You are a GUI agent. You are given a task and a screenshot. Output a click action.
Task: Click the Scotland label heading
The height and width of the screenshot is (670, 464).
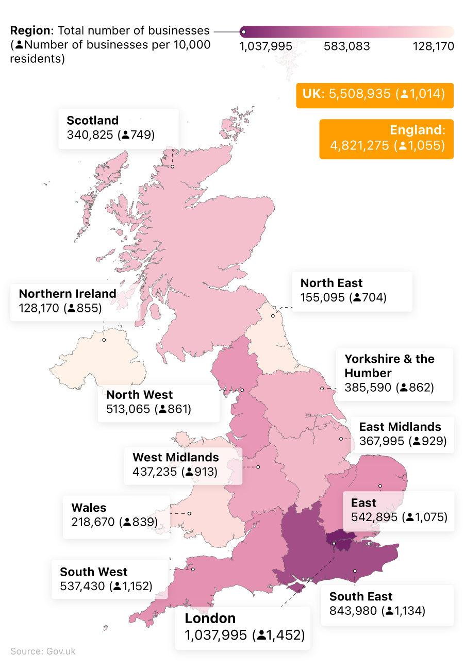93,121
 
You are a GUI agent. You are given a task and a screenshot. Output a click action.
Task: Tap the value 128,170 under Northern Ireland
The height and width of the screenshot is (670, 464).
40,308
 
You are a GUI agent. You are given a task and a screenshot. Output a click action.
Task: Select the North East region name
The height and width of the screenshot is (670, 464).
332,283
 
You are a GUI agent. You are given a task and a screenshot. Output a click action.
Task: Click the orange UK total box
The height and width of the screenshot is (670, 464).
374,95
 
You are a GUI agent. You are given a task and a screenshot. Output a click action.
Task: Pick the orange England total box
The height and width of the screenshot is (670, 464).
387,139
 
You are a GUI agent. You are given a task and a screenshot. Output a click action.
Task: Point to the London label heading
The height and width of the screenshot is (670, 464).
210,618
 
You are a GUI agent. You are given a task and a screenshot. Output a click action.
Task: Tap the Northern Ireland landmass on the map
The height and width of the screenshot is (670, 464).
98,361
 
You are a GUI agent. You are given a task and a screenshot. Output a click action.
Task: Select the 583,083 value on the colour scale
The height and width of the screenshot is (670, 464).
346,46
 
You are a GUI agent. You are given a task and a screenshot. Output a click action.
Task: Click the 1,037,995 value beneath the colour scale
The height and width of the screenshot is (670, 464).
266,46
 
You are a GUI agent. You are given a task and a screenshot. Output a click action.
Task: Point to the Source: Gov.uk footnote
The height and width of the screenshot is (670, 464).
43,651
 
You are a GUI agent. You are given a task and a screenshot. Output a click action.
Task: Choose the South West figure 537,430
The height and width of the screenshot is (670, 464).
82,586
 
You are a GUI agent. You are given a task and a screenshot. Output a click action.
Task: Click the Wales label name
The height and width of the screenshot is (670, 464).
89,508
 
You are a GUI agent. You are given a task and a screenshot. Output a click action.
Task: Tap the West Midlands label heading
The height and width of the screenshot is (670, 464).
175,457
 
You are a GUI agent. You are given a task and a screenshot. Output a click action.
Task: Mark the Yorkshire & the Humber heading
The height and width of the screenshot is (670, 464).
389,365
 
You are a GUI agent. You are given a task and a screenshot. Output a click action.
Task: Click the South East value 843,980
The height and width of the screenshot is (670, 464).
354,611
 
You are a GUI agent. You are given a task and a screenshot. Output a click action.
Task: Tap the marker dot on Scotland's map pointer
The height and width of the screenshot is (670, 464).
173,166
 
